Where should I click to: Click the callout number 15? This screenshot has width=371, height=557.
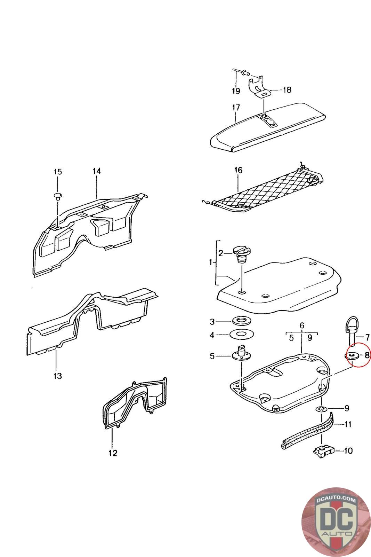click(x=58, y=172)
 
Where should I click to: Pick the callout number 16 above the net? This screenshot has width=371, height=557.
click(x=238, y=170)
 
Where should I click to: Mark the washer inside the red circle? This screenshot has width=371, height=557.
click(x=353, y=355)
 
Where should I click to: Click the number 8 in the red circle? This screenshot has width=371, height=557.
click(x=366, y=355)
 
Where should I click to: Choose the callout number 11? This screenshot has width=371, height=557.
click(x=348, y=424)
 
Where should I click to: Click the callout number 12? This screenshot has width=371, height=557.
click(x=113, y=453)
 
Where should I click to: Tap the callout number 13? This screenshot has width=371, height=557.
click(x=58, y=376)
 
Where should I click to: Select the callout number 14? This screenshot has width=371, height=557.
click(x=97, y=171)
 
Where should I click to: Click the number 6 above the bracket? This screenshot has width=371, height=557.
click(x=302, y=325)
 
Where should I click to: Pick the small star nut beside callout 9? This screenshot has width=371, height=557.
click(x=321, y=408)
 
